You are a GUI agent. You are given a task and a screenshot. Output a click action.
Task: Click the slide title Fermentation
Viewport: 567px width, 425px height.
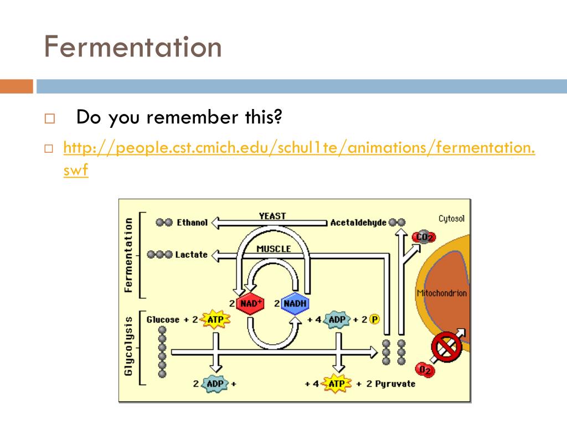coord(133,47)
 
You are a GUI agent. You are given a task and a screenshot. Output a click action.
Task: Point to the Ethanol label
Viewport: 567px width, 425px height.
coord(192,222)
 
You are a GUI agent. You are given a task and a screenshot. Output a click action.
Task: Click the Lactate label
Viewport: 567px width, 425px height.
coord(191,255)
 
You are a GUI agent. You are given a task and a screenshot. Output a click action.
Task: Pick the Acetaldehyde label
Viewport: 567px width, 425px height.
coord(358,222)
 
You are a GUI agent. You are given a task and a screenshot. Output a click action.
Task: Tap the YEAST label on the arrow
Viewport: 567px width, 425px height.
coord(272,216)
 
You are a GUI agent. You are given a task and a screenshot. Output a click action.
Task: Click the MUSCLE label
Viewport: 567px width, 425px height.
coord(274,249)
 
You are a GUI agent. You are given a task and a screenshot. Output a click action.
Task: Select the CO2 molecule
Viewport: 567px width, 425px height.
coord(424,237)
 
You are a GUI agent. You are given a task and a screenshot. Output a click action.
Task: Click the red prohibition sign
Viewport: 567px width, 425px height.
coord(446,348)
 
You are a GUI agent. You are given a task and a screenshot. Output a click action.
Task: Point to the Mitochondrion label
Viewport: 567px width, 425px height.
coord(441,293)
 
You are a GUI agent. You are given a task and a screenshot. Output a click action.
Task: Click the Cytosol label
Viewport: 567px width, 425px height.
coord(451,219)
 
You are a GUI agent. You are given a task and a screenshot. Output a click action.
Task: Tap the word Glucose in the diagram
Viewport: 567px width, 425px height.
coord(163,319)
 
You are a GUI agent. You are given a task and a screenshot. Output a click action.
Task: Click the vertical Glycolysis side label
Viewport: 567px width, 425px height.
coord(128,346)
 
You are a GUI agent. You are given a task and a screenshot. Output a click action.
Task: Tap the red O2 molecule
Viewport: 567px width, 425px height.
coord(425,369)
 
